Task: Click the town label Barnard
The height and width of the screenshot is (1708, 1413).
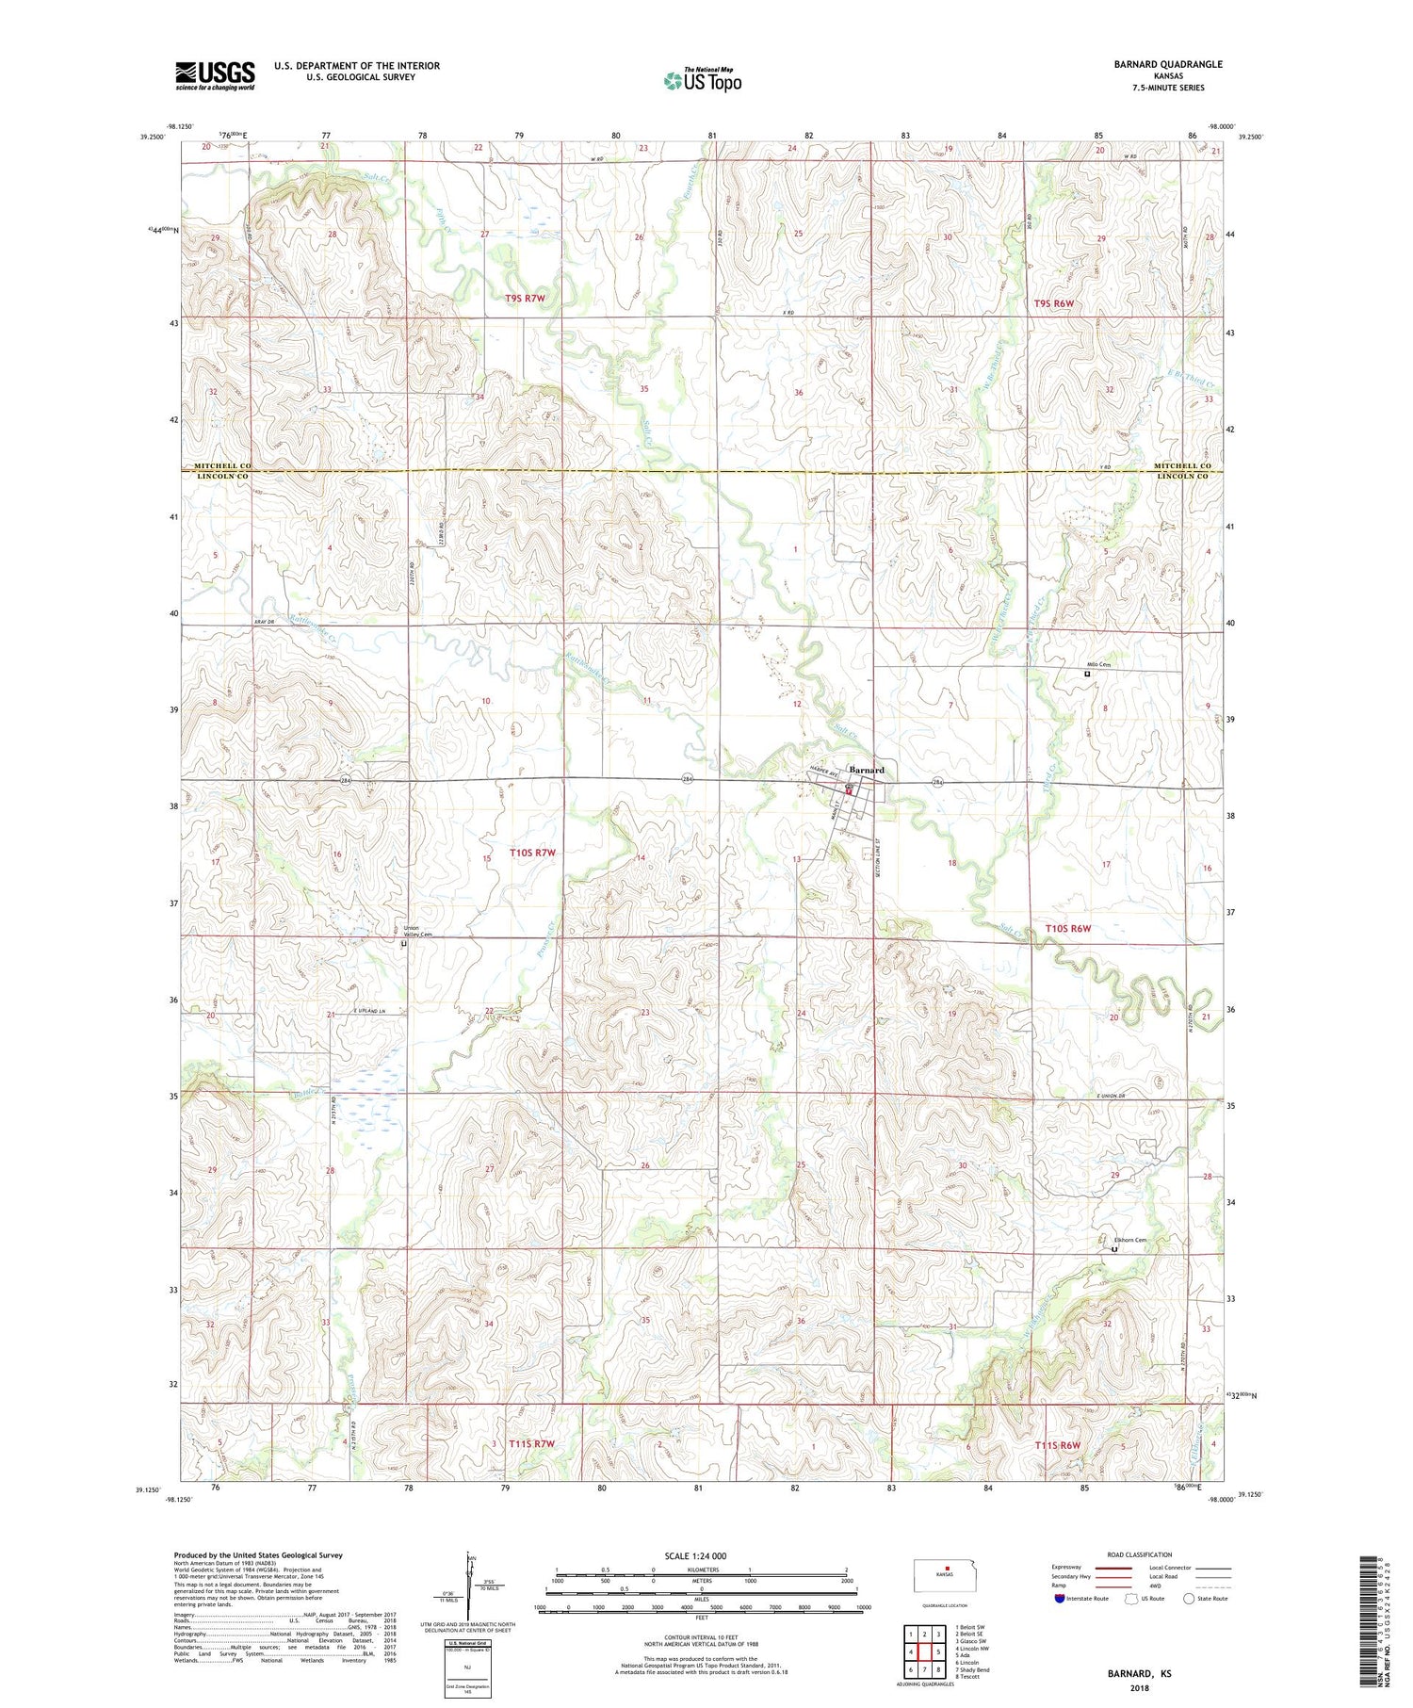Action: [867, 770]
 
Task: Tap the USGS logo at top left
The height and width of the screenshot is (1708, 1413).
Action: [214, 75]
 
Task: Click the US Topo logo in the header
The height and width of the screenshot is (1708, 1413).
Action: [702, 81]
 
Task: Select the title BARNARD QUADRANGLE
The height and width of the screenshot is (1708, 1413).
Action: [1168, 64]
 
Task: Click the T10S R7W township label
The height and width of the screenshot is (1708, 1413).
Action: [532, 853]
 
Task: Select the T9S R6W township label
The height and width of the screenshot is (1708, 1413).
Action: [1053, 303]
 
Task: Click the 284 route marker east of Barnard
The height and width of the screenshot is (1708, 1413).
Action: [938, 782]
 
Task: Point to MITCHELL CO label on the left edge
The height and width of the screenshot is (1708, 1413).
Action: [222, 466]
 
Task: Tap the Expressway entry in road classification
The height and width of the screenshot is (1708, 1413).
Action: [1068, 1568]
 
